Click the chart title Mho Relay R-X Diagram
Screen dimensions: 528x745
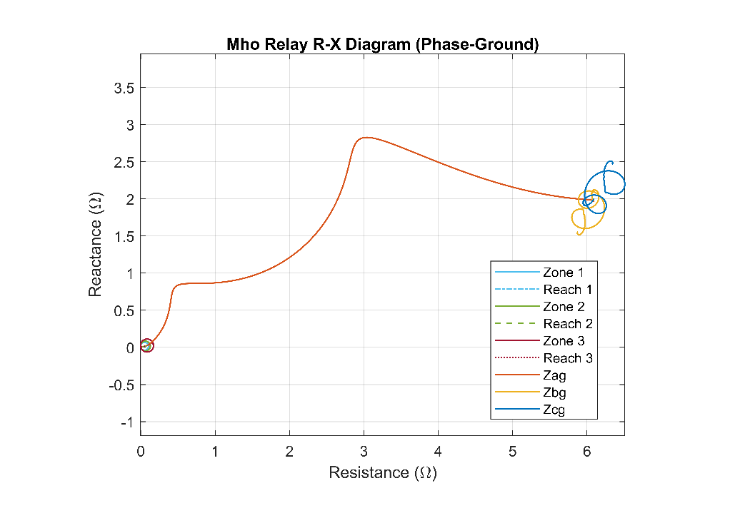pos(382,44)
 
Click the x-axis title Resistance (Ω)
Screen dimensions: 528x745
pos(382,472)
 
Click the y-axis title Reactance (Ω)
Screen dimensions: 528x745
pos(95,245)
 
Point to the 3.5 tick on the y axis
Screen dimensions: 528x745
pos(124,88)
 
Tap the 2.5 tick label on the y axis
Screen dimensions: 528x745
pos(124,162)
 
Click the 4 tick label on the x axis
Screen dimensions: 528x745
pos(438,451)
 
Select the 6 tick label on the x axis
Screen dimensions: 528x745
pos(586,451)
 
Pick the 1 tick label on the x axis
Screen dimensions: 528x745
pos(215,451)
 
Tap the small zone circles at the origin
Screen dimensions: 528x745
pos(146,345)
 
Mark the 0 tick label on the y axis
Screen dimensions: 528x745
pos(130,347)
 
